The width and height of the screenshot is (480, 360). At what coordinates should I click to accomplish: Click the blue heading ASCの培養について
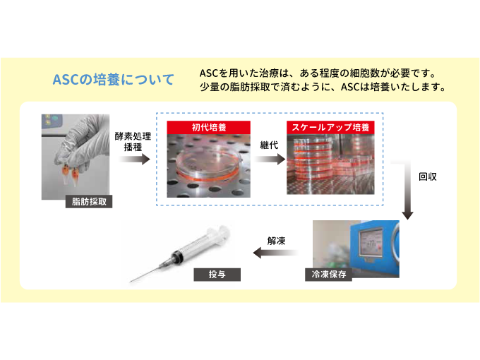coord(113,79)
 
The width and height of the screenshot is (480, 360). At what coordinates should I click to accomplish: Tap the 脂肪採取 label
coord(89,202)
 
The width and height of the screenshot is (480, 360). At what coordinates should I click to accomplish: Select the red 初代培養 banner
coord(208,127)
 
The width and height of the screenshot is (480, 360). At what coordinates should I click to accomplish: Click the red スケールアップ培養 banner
coord(330,127)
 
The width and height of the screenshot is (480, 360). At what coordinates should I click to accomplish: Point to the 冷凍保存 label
coord(328,275)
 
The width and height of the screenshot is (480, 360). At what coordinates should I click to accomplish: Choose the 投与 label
coord(217,275)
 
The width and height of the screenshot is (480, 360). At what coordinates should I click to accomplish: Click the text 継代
coord(269,145)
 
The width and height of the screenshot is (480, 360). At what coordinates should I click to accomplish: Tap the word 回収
coord(428,176)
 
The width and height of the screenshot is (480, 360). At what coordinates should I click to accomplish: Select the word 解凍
coord(276,241)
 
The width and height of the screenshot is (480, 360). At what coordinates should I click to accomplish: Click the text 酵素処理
coord(133,136)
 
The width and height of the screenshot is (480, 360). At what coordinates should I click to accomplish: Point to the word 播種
coord(133,148)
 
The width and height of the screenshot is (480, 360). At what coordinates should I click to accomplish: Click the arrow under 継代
coord(270,160)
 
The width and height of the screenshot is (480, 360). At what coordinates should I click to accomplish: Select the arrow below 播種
coord(134,160)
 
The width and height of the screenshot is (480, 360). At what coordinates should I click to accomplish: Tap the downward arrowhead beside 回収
coord(407,215)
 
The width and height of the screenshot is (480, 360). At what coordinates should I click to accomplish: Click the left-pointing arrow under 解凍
coord(275,253)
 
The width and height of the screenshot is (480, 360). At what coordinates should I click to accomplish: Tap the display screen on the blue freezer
coord(371,242)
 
